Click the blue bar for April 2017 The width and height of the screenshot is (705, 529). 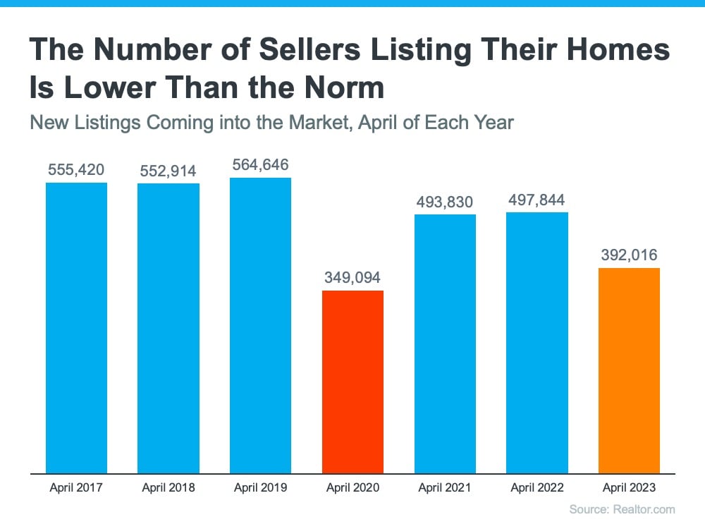pos(76,328)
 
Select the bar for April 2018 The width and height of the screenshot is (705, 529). pos(168,328)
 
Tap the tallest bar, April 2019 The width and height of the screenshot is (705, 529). pos(260,325)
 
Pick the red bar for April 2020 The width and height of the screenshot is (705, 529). pos(352,382)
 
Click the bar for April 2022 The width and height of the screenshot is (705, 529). pos(537,342)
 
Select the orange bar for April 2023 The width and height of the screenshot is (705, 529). pos(629,370)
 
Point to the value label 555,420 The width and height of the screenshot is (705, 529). pos(76,169)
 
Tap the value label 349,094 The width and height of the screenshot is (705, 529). pos(352,277)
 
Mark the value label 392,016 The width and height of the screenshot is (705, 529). pos(629,255)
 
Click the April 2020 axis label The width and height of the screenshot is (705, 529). pos(352,487)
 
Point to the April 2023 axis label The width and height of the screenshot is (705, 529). pos(629,487)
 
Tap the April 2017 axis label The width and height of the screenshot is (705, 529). pos(76,487)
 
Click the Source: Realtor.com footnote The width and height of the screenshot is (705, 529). pos(622,509)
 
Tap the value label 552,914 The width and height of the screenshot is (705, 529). pos(168,171)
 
